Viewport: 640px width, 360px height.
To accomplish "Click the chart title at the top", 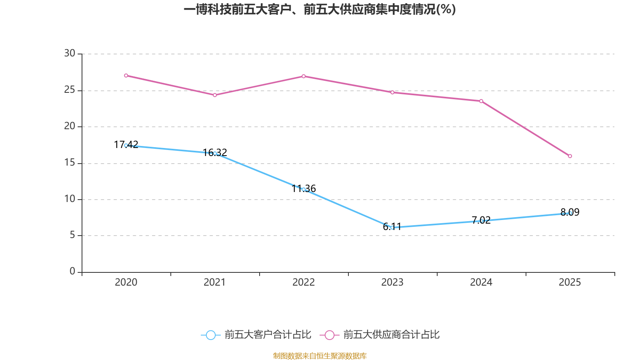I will click(320, 9).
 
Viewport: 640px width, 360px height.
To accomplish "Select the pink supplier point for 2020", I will click(126, 76).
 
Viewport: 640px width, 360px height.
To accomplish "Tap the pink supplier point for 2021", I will click(215, 95).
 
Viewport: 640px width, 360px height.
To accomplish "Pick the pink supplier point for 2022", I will click(304, 76).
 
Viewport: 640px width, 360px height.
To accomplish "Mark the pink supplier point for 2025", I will click(570, 156).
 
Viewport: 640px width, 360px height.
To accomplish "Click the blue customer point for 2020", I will click(126, 146).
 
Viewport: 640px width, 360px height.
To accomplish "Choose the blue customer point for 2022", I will click(304, 190).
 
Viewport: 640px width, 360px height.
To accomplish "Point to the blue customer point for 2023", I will click(392, 228).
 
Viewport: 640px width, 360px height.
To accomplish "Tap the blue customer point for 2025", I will click(570, 213).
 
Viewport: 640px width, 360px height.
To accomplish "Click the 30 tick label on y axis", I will click(70, 53).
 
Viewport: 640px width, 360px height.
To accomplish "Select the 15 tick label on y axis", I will click(70, 162).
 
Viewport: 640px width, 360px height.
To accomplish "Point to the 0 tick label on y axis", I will click(72, 272).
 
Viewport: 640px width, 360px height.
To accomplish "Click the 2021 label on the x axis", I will click(215, 282).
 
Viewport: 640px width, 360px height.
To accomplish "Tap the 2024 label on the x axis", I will click(481, 282).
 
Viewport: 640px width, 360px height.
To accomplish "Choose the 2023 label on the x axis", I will click(392, 282).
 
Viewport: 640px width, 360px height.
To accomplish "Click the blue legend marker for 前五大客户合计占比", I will click(211, 335).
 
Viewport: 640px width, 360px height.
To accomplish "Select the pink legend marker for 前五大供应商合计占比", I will click(330, 335).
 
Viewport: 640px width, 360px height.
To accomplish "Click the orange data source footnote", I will click(320, 356).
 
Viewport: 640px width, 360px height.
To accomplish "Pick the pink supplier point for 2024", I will click(481, 101).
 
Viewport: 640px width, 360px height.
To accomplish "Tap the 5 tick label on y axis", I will click(72, 235).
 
